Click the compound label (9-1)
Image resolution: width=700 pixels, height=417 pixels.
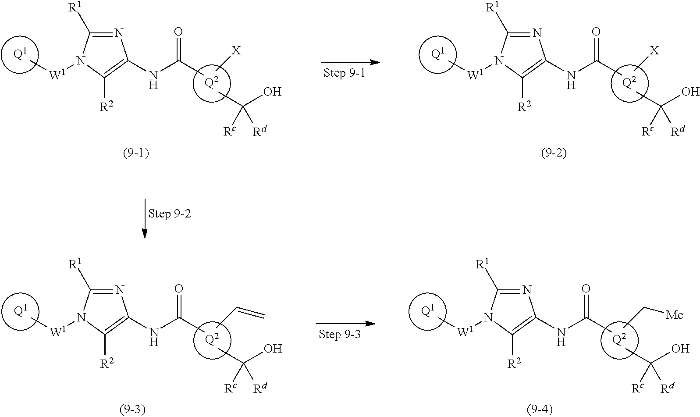pos(135,153)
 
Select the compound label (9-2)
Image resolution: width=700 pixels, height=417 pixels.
pos(554,153)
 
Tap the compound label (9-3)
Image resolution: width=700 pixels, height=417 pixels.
pos(132,410)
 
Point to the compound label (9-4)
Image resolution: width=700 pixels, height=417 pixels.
pos(539,410)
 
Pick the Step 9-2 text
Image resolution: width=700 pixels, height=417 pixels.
pos(170,214)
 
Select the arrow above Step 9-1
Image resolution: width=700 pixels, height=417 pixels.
pos(350,62)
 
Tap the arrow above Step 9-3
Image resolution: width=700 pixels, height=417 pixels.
pos(346,324)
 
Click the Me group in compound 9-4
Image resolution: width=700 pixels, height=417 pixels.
pos(675,314)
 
